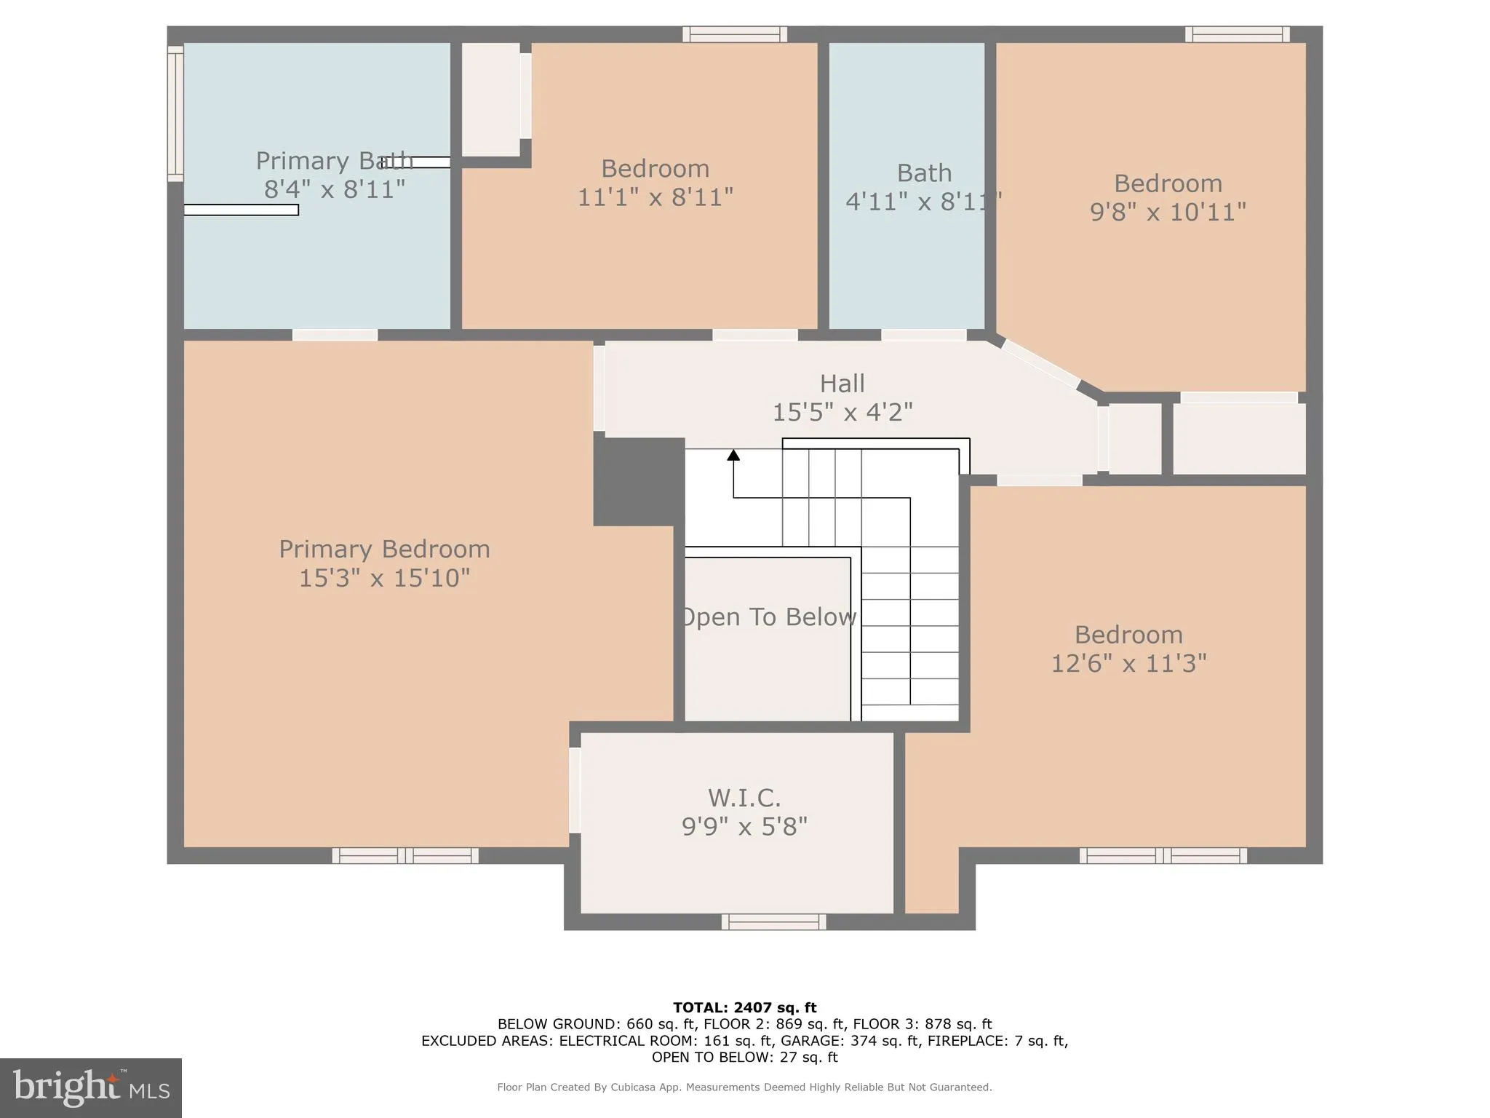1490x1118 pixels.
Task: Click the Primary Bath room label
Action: [333, 161]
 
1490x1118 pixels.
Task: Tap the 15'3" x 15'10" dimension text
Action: [384, 578]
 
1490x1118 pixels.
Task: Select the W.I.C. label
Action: [744, 798]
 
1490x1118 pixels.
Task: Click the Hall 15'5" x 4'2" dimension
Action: [842, 413]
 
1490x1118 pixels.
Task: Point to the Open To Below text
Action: [768, 617]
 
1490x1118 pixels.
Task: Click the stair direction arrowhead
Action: [733, 455]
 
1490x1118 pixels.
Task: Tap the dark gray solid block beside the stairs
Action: [637, 481]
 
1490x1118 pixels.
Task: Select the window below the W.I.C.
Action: [773, 922]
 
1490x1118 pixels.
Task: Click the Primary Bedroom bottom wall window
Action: [405, 856]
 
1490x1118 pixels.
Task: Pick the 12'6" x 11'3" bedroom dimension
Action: [1128, 663]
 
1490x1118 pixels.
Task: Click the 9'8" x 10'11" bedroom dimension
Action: [1168, 212]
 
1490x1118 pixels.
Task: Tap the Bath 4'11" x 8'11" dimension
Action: [923, 202]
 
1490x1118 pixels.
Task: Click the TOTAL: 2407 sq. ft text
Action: [744, 1007]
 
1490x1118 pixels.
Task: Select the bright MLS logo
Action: [91, 1087]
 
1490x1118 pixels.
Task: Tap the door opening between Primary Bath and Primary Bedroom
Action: [335, 335]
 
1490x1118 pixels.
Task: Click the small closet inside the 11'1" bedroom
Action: [491, 99]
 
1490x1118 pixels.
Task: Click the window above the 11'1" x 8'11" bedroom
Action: [734, 34]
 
